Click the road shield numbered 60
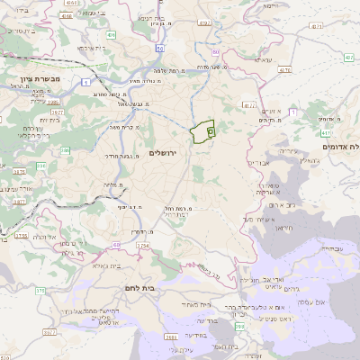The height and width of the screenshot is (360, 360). tap(117, 244)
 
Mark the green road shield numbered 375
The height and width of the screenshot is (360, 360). tap(40, 291)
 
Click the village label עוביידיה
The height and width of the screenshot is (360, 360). tap(330, 248)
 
